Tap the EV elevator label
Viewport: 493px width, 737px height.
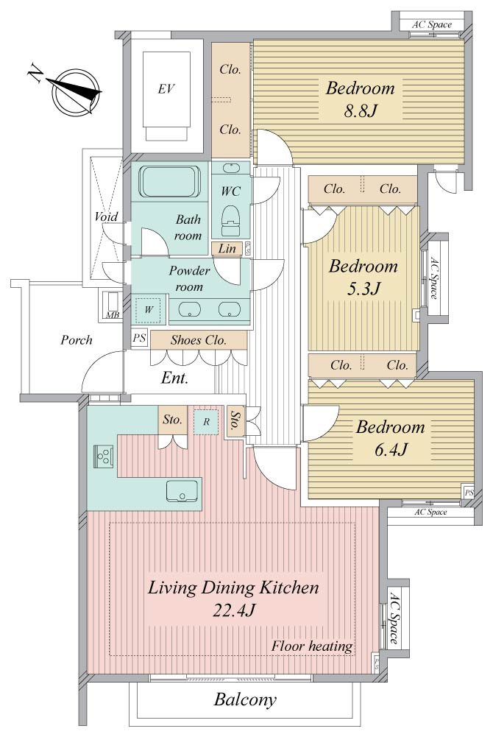tap(166, 88)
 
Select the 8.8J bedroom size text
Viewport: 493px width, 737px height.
tap(360, 111)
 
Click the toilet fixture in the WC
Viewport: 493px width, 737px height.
tap(230, 220)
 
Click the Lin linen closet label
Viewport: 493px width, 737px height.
tap(227, 248)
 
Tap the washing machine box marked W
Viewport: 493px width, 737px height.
tap(149, 310)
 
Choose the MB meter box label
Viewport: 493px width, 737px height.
tap(113, 315)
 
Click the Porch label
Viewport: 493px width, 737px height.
tap(76, 340)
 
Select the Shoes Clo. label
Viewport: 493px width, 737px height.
tap(199, 340)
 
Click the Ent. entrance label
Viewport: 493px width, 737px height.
tap(174, 378)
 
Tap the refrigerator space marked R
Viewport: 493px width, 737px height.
tap(205, 422)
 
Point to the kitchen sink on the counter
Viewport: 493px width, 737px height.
tap(181, 491)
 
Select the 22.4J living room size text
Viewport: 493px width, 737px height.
tap(233, 610)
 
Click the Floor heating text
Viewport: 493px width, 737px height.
tap(312, 646)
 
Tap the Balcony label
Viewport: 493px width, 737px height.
tap(245, 700)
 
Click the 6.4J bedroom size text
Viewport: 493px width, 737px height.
tap(390, 449)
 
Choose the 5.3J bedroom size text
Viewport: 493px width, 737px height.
tap(363, 289)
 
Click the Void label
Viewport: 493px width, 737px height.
tap(106, 216)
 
